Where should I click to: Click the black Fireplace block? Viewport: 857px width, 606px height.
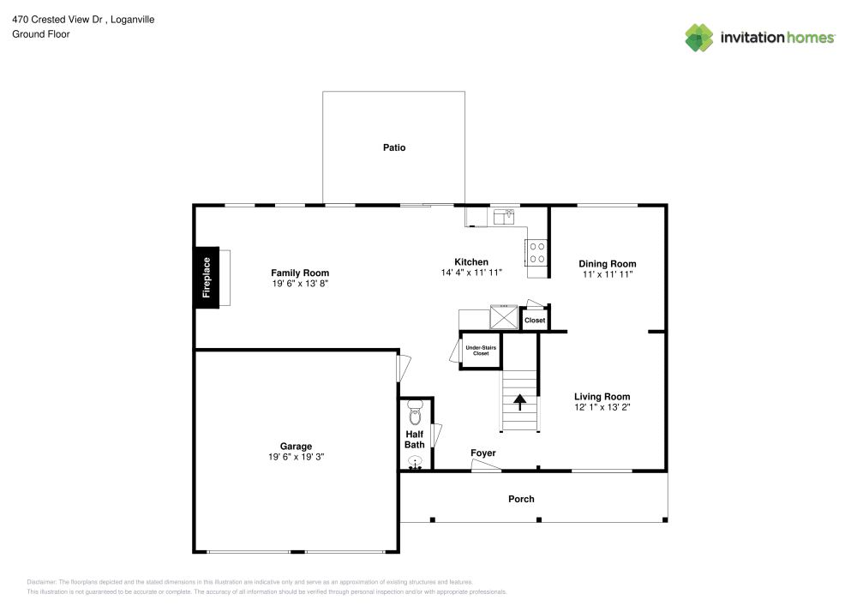point(207,277)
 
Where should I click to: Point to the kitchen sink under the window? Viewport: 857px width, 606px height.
point(501,215)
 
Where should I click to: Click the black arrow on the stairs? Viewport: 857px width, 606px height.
point(519,401)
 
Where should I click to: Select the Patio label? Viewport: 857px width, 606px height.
point(394,147)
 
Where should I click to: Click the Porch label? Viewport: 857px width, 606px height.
point(521,499)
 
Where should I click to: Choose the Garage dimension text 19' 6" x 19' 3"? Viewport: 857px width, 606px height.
point(296,457)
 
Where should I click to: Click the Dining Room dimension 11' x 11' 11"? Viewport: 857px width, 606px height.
point(608,275)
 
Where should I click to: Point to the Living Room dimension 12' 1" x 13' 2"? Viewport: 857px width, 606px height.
point(602,407)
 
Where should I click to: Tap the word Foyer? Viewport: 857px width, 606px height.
point(483,453)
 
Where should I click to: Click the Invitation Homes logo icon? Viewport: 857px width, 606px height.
point(698,37)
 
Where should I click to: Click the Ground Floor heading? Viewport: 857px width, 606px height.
point(40,34)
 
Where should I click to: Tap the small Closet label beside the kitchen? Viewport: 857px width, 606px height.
point(535,320)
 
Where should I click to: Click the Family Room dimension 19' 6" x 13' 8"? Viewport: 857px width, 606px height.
point(300,284)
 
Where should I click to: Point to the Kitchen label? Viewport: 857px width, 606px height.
point(471,262)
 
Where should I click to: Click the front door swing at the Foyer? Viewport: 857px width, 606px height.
point(486,466)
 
